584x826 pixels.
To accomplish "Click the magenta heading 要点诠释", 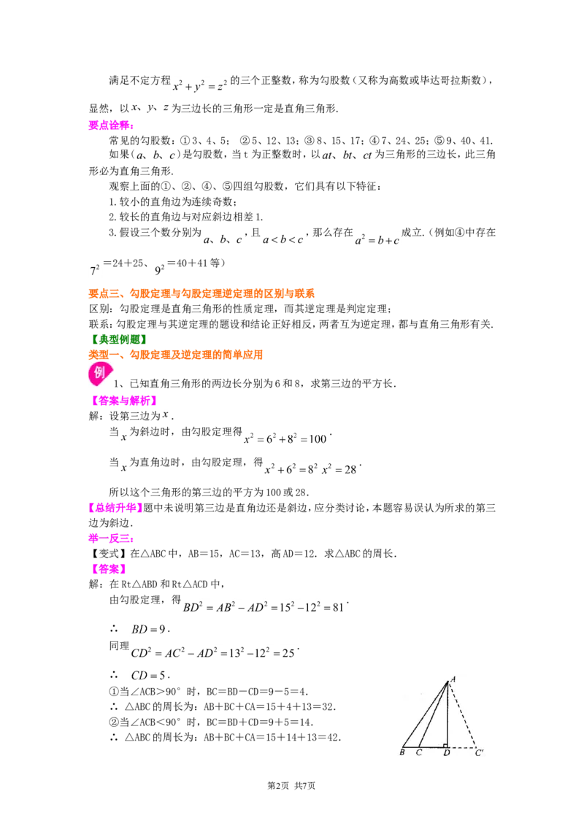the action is coord(111,126).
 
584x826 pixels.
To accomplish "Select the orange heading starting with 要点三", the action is coord(201,293).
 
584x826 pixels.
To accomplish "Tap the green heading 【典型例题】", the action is coord(118,339).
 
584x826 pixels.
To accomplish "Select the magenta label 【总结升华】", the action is coord(115,507).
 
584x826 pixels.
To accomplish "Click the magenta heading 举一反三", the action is coord(111,538).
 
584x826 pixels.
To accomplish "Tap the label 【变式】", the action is coord(108,553).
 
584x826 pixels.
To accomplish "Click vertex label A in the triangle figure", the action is coord(453,679).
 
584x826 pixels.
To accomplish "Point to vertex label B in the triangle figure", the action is coord(402,752).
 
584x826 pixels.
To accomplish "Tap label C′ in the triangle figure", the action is coord(479,752).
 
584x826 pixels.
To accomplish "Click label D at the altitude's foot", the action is coord(447,753).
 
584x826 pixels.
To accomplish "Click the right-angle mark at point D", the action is coord(445,745).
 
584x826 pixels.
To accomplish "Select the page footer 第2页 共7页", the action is coord(291,785).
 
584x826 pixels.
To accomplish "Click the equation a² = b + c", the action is coord(377,239).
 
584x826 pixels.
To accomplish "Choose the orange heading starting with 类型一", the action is coord(175,355).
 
